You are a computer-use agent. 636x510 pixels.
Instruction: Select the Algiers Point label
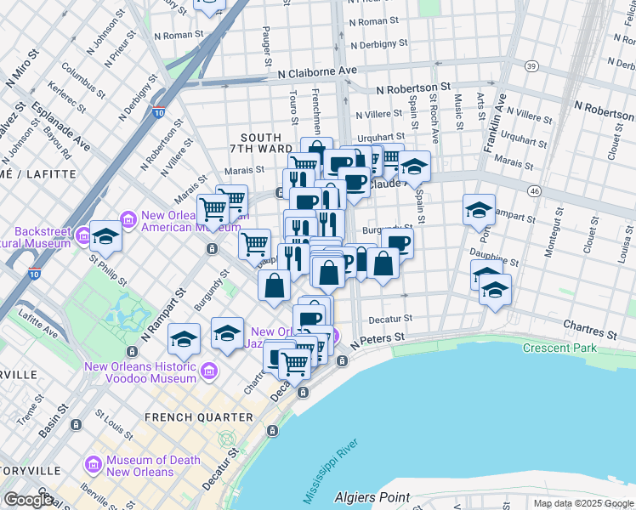coord(372,497)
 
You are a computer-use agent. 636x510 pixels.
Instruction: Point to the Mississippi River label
coord(331,470)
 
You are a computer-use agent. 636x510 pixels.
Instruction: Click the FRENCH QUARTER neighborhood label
coord(199,417)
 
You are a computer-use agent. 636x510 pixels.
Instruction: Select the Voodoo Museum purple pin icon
coord(208,371)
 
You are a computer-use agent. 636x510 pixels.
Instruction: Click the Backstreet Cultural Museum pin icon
coord(83,235)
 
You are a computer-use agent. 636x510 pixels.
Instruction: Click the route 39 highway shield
coord(531,66)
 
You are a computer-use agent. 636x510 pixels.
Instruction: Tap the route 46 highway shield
coord(533,192)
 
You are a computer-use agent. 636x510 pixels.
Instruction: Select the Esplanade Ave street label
coord(61,127)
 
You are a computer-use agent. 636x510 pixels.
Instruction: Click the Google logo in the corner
coord(28,500)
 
